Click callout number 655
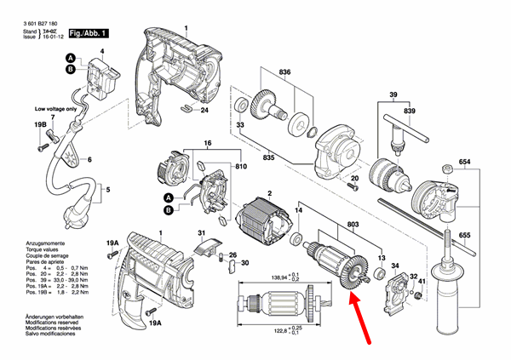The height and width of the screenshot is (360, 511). [x=464, y=234]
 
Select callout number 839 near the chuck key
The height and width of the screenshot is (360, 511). [x=411, y=111]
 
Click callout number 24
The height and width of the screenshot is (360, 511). [x=204, y=111]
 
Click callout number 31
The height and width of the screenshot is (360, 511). [x=201, y=234]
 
